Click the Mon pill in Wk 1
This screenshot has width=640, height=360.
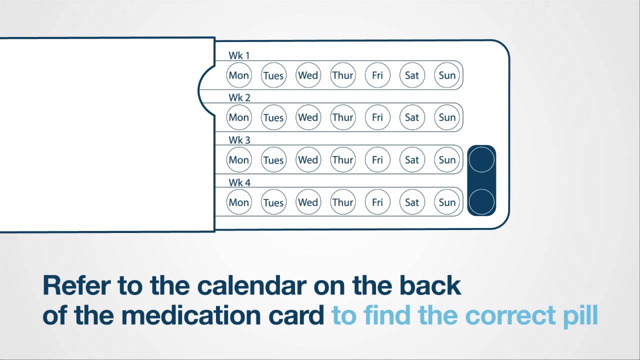(x=239, y=75)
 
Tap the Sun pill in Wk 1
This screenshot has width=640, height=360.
(x=447, y=75)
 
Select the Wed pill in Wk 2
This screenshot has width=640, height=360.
(x=308, y=117)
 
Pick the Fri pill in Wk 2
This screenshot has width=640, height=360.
(x=377, y=117)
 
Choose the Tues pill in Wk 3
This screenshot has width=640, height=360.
(x=273, y=160)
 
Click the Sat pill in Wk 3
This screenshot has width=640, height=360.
(x=412, y=160)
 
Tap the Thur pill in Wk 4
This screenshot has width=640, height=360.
(x=342, y=202)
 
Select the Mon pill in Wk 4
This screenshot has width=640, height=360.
(x=239, y=202)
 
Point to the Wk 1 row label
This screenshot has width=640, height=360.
(x=239, y=55)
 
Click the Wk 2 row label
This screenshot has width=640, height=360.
(x=239, y=97)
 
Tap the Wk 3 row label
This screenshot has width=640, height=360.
(x=239, y=140)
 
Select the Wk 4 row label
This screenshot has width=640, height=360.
(x=239, y=182)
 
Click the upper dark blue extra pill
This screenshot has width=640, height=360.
(x=481, y=160)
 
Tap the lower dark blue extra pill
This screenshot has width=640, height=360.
(x=481, y=202)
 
